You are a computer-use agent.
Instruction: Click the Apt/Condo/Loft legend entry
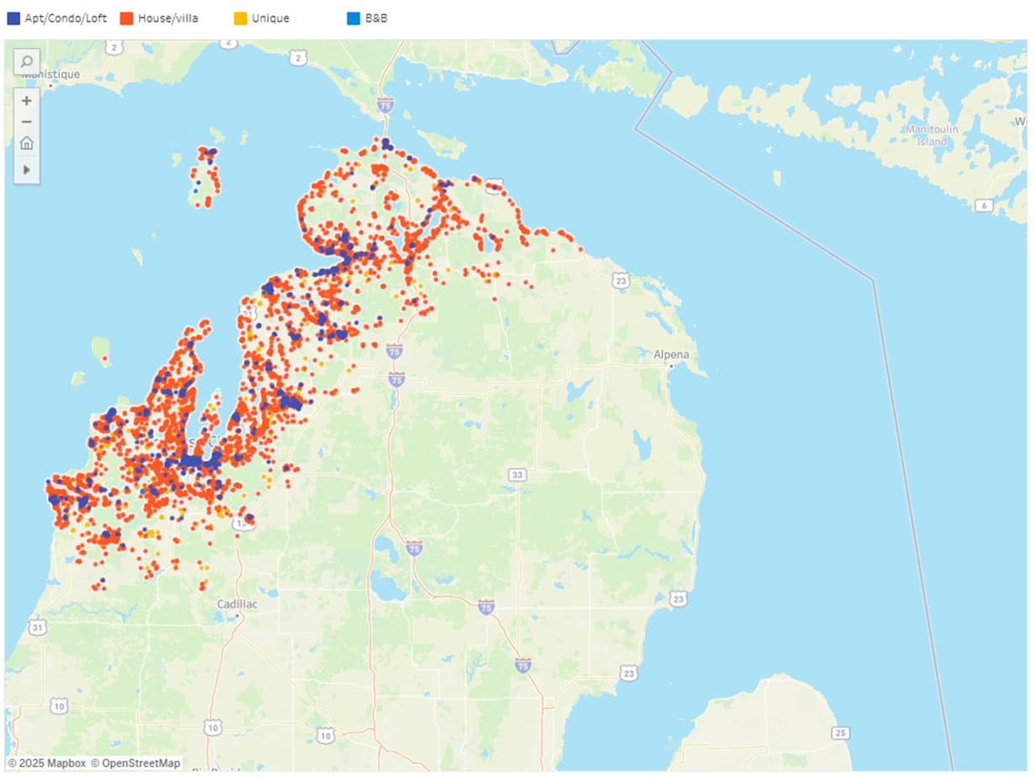pos(57,18)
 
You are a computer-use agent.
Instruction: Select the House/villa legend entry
pos(160,18)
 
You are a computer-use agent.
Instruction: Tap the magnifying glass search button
pos(27,61)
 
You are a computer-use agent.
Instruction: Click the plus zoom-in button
pos(27,101)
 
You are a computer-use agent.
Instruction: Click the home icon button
pos(27,143)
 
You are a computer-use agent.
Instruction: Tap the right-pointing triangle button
pos(27,170)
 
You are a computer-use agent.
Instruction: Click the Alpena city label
pos(671,355)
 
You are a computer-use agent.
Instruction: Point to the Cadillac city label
pos(237,604)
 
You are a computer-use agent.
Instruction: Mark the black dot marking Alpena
pos(671,367)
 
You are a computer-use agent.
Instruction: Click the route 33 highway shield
pos(517,475)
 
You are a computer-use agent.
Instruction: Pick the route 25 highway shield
pos(841,733)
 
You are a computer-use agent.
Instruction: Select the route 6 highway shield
pos(984,205)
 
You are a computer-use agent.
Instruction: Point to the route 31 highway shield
pos(37,627)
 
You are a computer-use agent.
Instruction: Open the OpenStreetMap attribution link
pos(135,763)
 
